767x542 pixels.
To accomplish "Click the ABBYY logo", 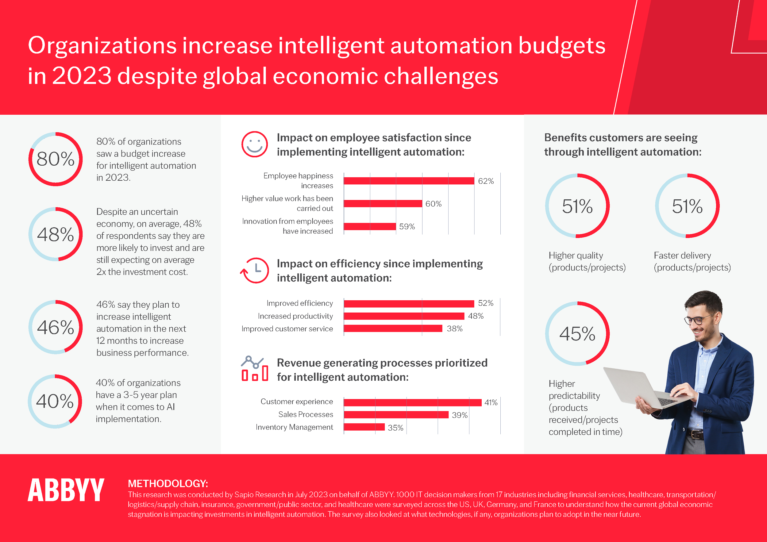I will (x=66, y=490).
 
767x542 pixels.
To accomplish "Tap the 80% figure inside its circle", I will (x=56, y=159).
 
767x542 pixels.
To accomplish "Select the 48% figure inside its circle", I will (x=56, y=234).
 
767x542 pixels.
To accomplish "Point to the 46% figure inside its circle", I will (x=56, y=327).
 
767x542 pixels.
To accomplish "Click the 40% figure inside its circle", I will (x=55, y=401).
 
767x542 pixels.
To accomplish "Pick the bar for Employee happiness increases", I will (x=409, y=181).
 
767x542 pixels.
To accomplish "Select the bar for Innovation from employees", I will (x=370, y=226).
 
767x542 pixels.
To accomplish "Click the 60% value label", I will (x=433, y=204).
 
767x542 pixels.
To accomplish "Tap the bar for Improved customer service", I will (x=393, y=329).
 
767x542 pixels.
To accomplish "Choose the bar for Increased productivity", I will (x=404, y=316).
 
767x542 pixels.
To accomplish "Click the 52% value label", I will (x=485, y=303).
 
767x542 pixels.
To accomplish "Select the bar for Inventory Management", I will (x=364, y=427).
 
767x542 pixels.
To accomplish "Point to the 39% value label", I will (x=459, y=415).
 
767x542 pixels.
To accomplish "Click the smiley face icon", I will (x=255, y=144).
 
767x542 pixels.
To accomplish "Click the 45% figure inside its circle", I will (x=577, y=334).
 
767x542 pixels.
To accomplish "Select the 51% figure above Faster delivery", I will (x=687, y=206).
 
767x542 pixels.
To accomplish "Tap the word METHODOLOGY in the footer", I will (x=168, y=483).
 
